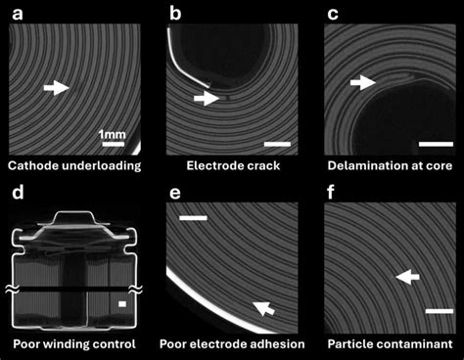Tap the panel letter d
16,191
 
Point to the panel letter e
175,191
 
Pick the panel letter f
333,191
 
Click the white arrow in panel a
57,88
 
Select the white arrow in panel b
207,98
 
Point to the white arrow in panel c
363,83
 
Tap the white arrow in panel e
262,310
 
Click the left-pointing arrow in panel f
407,279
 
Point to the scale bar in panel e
194,217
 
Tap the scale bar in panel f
440,312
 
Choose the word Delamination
369,165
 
